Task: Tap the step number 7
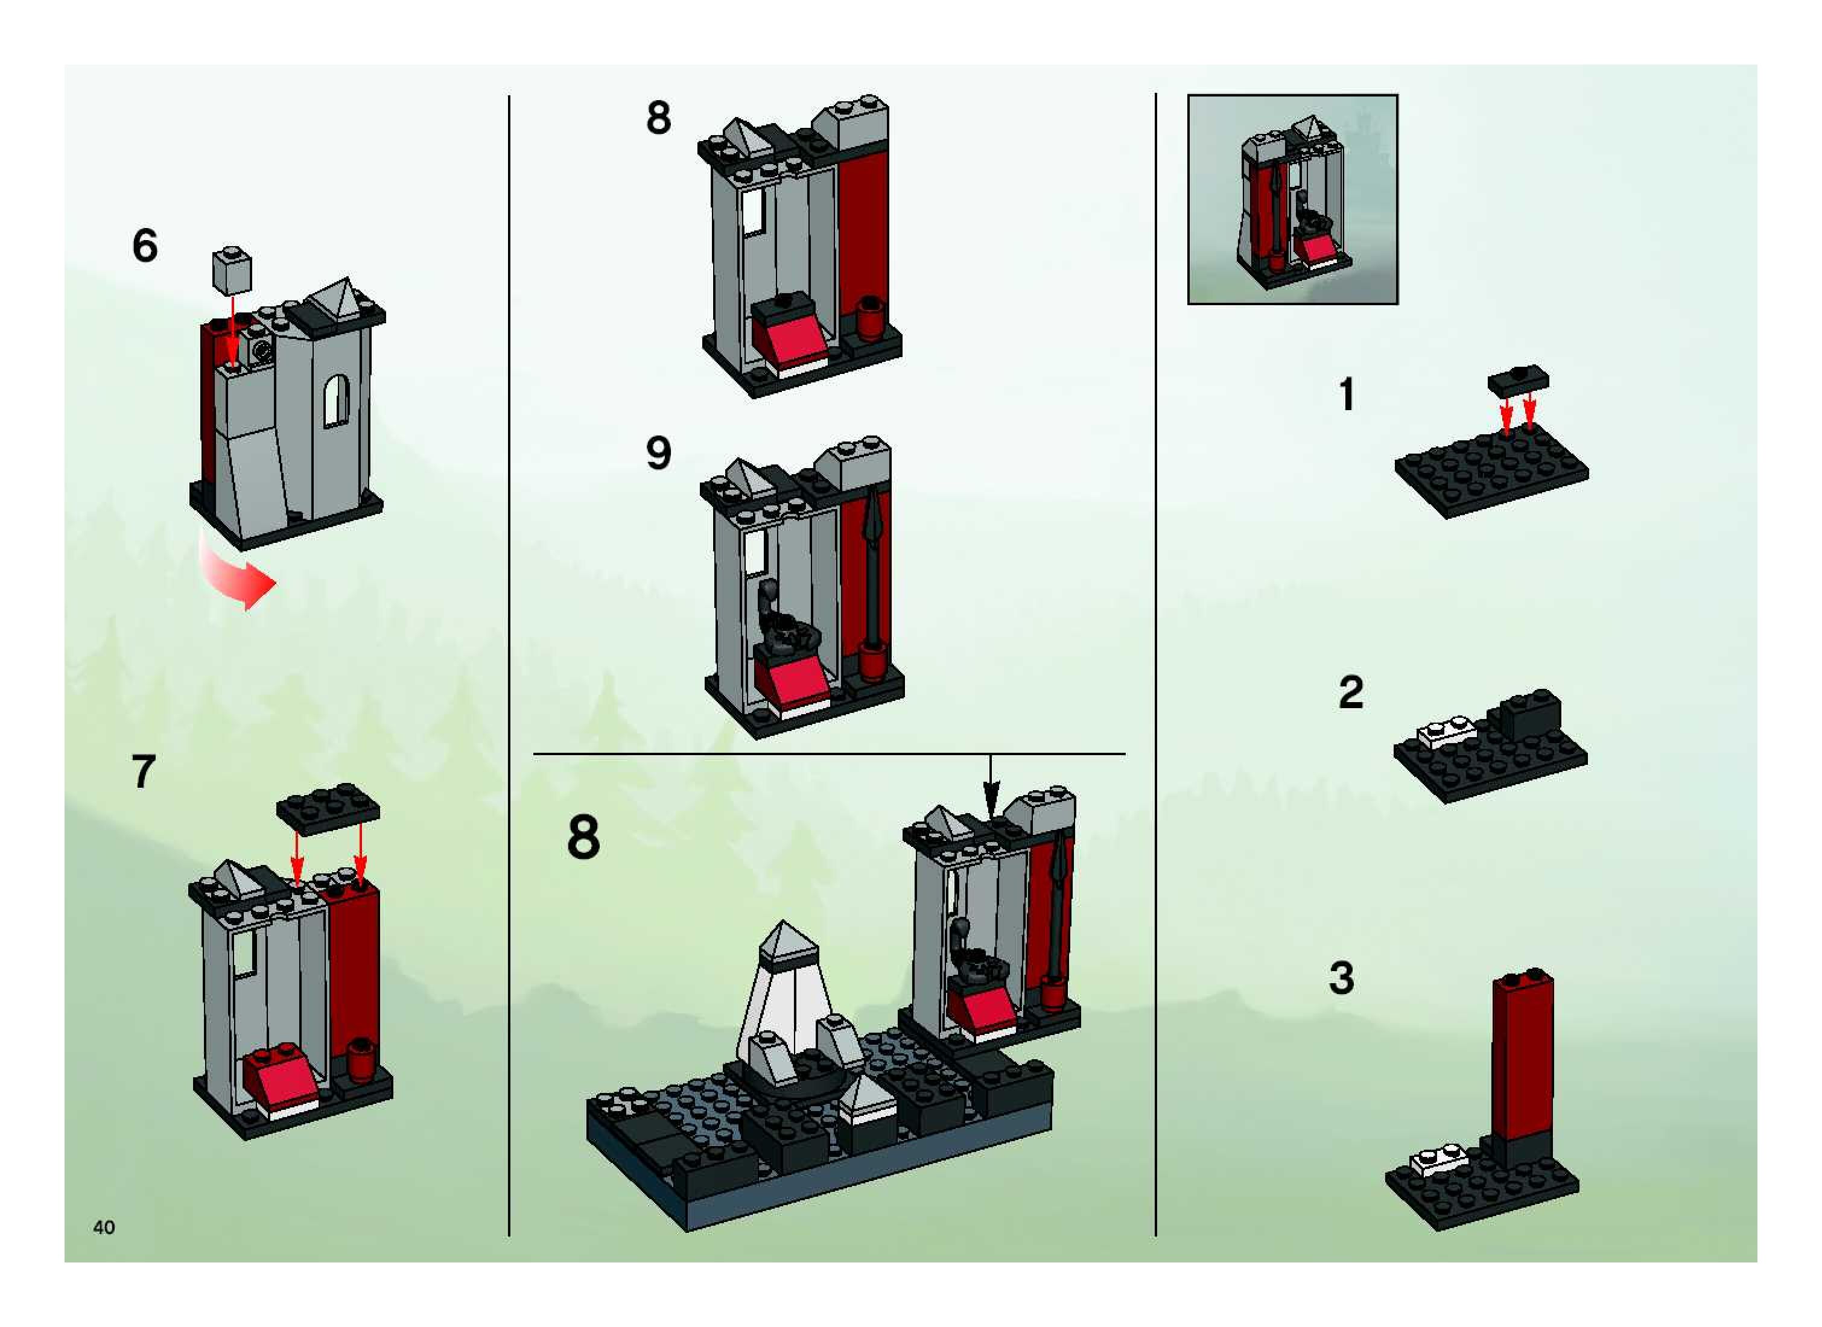coord(143,772)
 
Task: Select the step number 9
coord(659,454)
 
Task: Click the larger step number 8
coord(583,837)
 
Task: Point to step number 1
coord(1347,394)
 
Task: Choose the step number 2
coord(1351,692)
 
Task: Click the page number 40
coord(104,1227)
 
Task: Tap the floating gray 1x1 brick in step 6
coord(232,271)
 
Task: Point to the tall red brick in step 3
coord(1522,1056)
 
